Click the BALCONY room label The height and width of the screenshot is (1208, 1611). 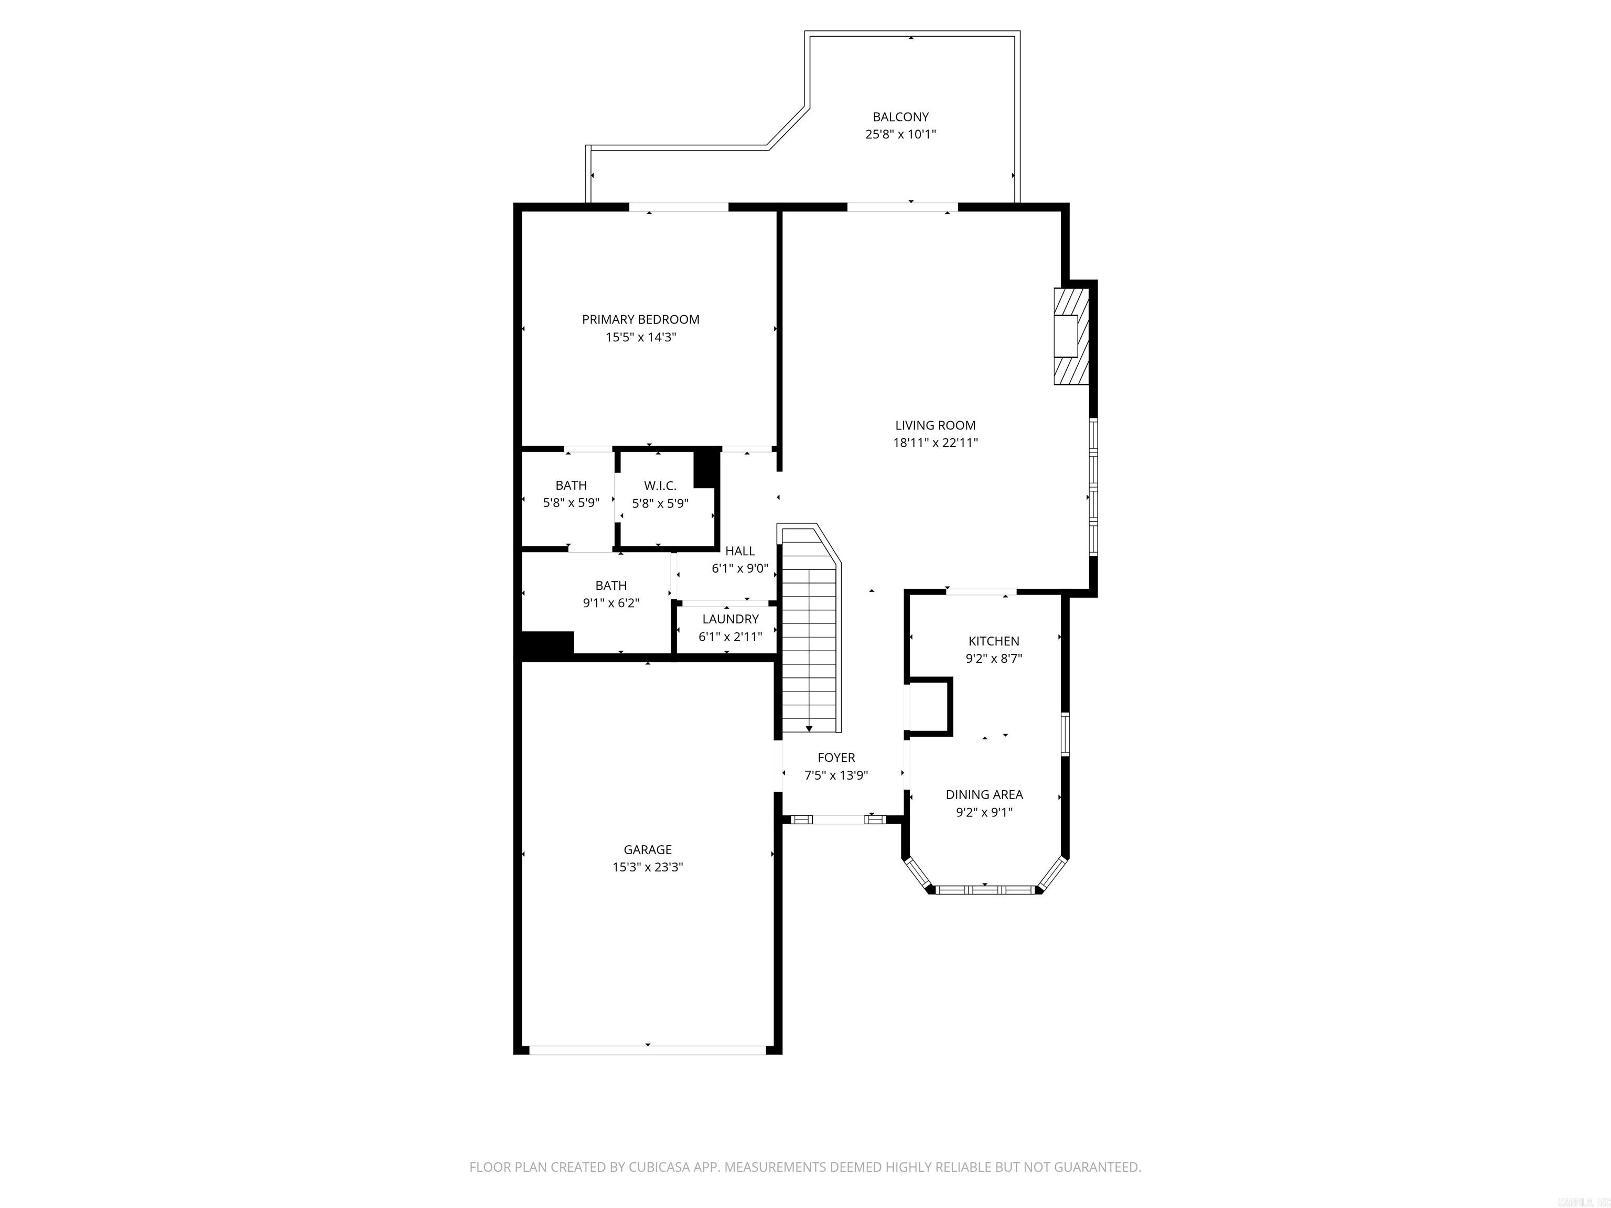click(900, 116)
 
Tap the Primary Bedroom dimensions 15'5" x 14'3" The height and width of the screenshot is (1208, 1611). click(640, 337)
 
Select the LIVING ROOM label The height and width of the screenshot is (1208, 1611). click(935, 425)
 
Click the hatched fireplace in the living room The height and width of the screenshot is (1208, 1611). click(1072, 336)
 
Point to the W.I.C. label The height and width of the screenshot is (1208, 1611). click(660, 486)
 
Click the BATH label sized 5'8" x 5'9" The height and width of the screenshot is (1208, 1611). click(571, 486)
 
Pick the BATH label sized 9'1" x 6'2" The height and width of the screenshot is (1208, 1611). click(610, 586)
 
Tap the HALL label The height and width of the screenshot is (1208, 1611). click(740, 551)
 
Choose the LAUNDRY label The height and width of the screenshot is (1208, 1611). click(730, 619)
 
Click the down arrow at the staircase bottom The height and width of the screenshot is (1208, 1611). click(809, 728)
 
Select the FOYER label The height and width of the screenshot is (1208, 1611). click(836, 757)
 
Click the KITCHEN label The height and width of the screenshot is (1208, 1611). click(993, 641)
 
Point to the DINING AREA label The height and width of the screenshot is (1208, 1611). click(984, 794)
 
